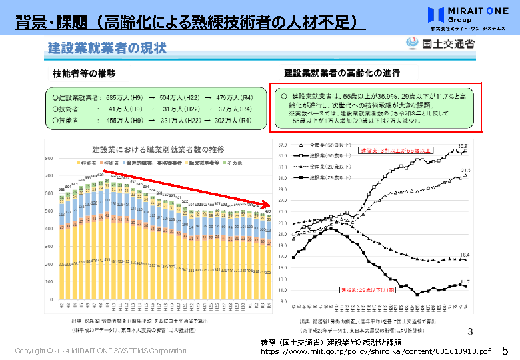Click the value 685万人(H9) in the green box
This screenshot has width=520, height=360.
click(123, 97)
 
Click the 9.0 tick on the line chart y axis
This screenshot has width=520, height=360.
click(283, 301)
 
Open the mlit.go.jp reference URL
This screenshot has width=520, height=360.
click(375, 351)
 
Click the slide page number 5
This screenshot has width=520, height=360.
click(505, 350)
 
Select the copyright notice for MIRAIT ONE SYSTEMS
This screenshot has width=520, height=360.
click(101, 351)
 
